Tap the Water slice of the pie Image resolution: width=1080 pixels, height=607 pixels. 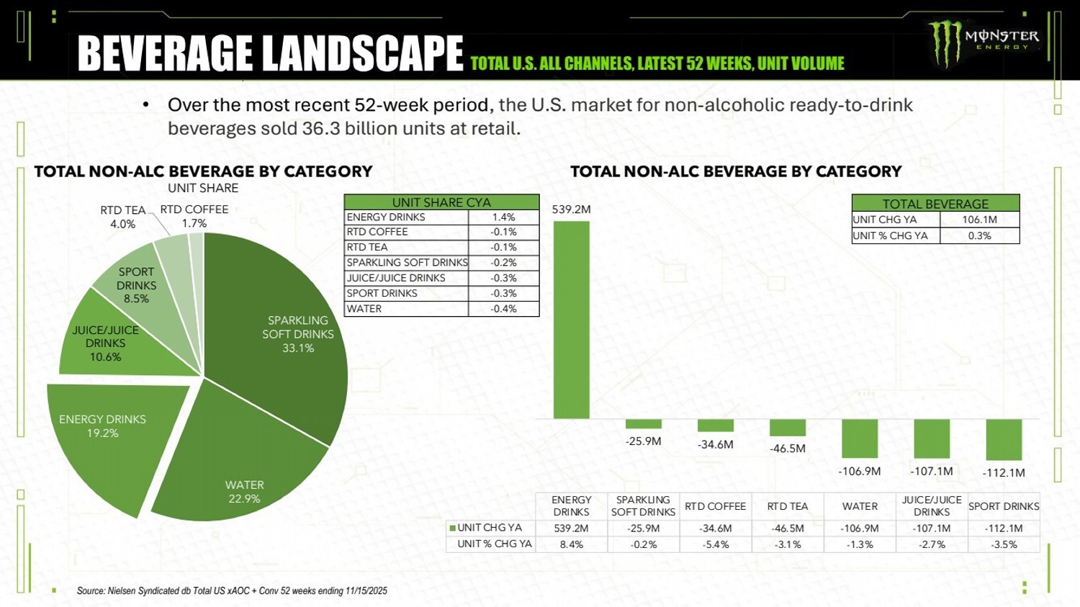(x=238, y=468)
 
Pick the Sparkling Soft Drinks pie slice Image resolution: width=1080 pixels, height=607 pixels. (x=288, y=324)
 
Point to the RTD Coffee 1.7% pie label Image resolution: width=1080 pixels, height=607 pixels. (x=194, y=216)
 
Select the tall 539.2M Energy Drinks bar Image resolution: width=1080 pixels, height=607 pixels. (x=571, y=320)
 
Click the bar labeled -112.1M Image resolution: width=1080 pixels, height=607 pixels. (x=1004, y=439)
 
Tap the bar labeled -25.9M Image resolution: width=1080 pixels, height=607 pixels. (x=643, y=424)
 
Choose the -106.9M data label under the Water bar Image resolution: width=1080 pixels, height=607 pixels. (x=860, y=471)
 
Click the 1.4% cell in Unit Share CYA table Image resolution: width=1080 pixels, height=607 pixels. (x=503, y=217)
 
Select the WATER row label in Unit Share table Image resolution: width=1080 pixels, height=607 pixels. (x=364, y=309)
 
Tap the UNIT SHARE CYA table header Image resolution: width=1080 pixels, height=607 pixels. (x=441, y=202)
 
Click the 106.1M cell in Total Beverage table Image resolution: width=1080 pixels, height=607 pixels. (x=979, y=220)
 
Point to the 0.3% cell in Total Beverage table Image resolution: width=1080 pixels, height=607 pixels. (x=979, y=235)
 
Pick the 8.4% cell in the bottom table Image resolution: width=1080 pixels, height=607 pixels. (x=571, y=544)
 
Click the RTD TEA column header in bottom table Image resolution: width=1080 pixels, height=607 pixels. (x=787, y=506)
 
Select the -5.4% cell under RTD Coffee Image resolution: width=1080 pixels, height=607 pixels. (x=715, y=544)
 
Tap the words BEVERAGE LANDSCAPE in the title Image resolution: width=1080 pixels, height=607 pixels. (x=270, y=54)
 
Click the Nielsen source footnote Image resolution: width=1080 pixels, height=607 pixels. (x=232, y=590)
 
